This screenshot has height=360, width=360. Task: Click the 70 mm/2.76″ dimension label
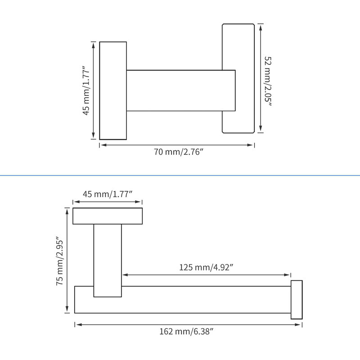tap(179, 152)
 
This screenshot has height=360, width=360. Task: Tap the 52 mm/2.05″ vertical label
tap(268, 81)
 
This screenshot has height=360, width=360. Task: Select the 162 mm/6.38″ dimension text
tap(186, 332)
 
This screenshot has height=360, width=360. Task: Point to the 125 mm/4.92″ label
tap(206, 267)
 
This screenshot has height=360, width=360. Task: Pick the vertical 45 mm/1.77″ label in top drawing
tap(86, 91)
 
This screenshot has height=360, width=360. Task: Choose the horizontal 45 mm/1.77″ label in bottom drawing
tap(108, 194)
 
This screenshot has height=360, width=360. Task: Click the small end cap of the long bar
tap(297, 300)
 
